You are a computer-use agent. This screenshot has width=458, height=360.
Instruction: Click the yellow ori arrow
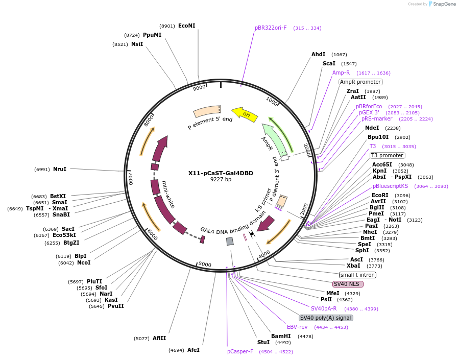point(245,113)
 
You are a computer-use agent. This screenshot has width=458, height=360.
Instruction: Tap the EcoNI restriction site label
point(186,26)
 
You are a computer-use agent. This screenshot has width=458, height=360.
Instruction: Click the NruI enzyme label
point(59,169)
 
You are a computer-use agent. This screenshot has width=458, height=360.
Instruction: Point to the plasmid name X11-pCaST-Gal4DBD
point(221,173)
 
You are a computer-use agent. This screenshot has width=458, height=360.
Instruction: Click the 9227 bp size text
point(221,180)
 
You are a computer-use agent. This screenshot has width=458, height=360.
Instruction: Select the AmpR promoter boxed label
point(360,82)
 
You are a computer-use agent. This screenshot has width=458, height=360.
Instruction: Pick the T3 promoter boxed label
point(388,155)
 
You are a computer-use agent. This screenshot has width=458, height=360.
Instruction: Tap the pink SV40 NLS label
point(348,284)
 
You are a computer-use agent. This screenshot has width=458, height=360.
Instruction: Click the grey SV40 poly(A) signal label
point(326,318)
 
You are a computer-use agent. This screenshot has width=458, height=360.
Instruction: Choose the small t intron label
point(358,275)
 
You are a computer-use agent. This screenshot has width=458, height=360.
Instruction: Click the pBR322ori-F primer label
point(271,28)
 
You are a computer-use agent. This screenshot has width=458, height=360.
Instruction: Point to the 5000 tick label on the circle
point(205,264)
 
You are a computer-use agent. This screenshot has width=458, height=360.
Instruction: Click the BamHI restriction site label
point(281,336)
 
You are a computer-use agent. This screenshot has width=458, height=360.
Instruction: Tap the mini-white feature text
point(168,194)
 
